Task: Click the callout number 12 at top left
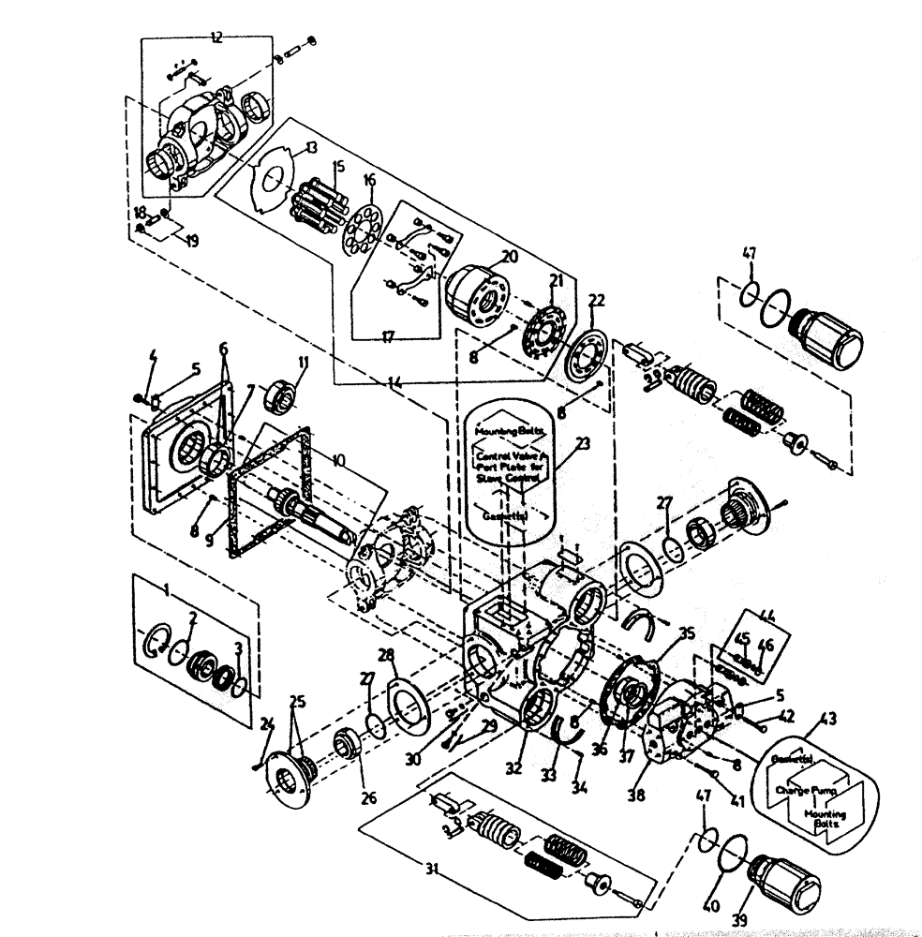[x=216, y=38]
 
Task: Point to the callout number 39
[x=739, y=921]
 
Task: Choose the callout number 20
[x=509, y=256]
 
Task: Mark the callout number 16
[x=369, y=179]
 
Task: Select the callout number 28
[x=386, y=653]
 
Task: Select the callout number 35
[x=687, y=634]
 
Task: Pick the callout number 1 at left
[x=165, y=592]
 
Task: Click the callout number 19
[x=191, y=241]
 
